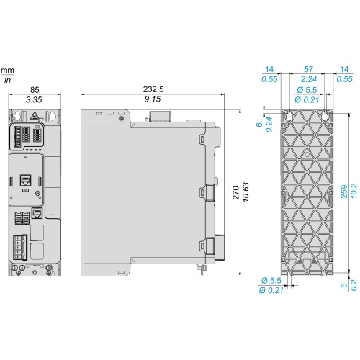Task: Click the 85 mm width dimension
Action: [x=35, y=90]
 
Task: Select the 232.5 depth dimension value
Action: [x=153, y=89]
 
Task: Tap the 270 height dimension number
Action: [x=236, y=192]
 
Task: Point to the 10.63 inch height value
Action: [x=246, y=192]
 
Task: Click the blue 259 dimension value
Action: [x=344, y=192]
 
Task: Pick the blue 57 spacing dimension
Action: [x=309, y=69]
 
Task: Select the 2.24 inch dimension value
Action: [x=309, y=79]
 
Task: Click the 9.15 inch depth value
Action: [x=153, y=99]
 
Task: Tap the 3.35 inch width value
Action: [x=34, y=99]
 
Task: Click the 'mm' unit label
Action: [x=7, y=71]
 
